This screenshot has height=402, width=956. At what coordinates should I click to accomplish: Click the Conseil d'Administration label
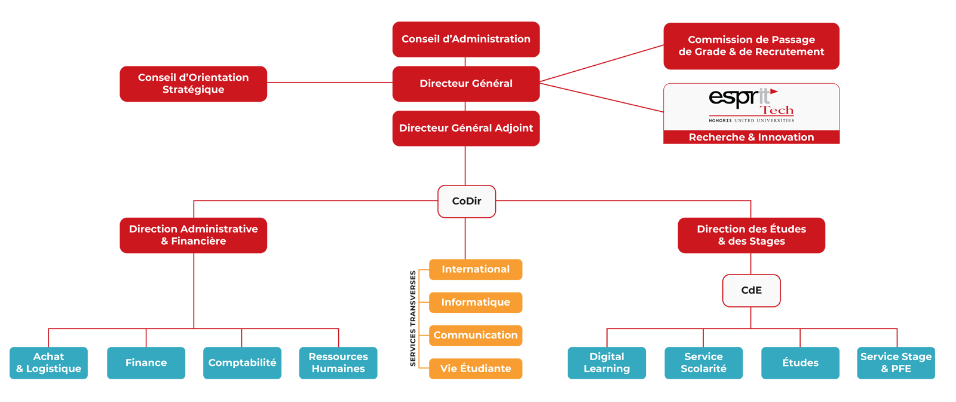[x=466, y=39]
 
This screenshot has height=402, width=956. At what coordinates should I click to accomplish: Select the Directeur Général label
[x=466, y=84]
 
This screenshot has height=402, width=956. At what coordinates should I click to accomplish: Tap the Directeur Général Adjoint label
[x=466, y=128]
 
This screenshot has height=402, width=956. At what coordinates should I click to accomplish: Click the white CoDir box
[x=467, y=201]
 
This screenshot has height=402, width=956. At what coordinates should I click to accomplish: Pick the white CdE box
[x=751, y=290]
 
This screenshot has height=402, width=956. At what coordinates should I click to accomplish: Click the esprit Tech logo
[x=751, y=106]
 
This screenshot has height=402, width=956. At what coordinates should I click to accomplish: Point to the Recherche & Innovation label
[x=751, y=138]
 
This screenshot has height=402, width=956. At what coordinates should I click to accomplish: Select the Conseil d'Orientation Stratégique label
[x=193, y=83]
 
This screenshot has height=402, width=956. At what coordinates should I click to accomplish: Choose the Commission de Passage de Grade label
[x=751, y=45]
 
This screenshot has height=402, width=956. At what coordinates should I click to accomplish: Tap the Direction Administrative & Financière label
[x=193, y=235]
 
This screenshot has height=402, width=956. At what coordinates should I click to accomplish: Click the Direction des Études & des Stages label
[x=751, y=235]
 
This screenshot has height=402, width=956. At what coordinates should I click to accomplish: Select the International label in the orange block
[x=476, y=269]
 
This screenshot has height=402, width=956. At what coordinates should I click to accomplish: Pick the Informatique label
[x=476, y=302]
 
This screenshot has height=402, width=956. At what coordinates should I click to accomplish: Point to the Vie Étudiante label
[x=476, y=368]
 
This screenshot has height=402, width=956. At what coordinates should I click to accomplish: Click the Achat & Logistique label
[x=48, y=363]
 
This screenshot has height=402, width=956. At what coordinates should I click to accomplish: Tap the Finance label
[x=146, y=363]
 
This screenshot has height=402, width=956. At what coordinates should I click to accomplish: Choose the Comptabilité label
[x=242, y=363]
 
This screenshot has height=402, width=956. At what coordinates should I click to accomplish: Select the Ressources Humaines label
[x=338, y=363]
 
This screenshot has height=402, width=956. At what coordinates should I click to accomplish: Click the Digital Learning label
[x=606, y=363]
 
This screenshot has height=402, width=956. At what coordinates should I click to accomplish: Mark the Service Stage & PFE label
[x=896, y=363]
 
